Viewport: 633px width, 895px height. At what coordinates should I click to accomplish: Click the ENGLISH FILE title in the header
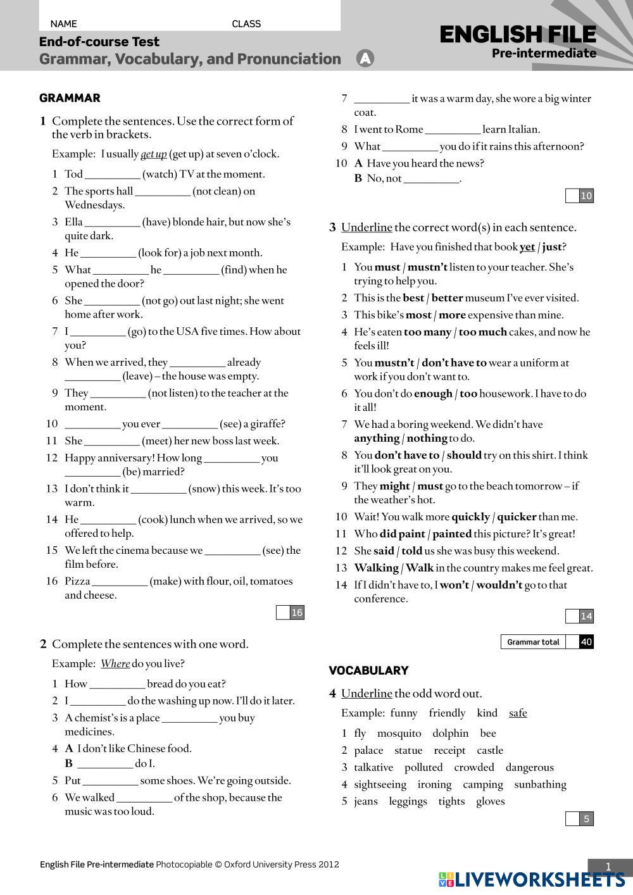point(518,34)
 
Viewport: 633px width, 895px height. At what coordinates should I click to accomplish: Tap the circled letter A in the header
point(365,59)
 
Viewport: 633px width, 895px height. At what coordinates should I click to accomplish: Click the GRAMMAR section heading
point(70,98)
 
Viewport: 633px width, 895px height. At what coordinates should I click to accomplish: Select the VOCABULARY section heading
point(368,670)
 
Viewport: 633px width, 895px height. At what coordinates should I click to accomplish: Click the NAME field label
point(63,24)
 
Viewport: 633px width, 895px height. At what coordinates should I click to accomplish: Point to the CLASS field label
point(246,24)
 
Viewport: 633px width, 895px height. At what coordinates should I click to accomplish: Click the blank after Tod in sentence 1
point(112,175)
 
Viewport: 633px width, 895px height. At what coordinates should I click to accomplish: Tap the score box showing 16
point(297,612)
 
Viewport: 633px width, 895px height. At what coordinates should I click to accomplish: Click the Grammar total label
point(533,642)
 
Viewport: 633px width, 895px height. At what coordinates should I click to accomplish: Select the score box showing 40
point(586,642)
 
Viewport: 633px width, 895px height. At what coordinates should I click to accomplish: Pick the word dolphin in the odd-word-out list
point(450,734)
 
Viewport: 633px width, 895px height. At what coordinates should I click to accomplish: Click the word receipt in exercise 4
point(449,751)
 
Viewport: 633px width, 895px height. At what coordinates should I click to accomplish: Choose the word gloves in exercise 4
point(491,801)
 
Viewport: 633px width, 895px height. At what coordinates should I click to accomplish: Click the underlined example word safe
point(518,713)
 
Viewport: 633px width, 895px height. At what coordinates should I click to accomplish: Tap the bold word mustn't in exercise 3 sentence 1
point(427,267)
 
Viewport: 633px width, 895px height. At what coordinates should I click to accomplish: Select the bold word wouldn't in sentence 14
point(499,585)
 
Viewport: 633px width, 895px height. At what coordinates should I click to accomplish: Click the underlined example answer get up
point(153,154)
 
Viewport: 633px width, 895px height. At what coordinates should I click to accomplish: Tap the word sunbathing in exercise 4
point(540,785)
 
